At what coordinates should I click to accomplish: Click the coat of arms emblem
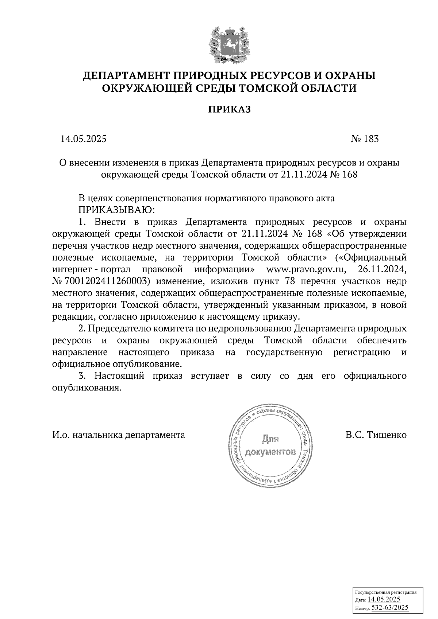230,43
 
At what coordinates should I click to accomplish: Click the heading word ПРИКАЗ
230,109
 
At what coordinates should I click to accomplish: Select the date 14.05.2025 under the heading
83,139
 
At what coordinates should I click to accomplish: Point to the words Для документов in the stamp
270,445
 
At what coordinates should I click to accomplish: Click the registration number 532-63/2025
389,608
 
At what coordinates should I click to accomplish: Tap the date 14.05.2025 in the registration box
384,600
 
